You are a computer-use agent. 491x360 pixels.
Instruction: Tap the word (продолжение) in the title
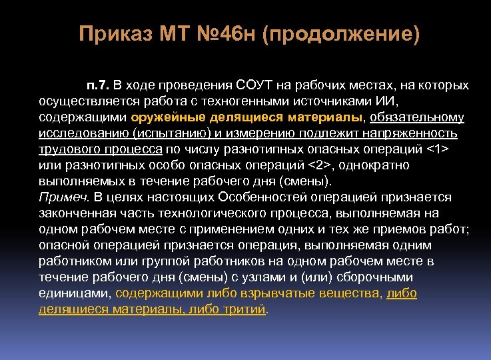coord(341,34)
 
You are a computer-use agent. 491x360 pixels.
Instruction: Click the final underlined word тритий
coord(245,309)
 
